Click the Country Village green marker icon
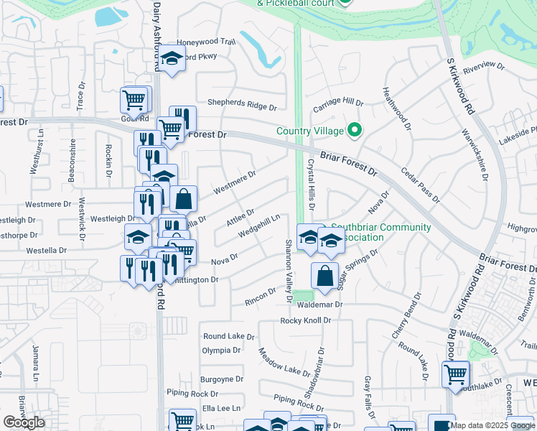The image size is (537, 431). pyautogui.click(x=353, y=131)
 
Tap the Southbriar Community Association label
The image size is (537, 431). pyautogui.click(x=388, y=232)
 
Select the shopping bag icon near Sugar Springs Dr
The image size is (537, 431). pyautogui.click(x=324, y=276)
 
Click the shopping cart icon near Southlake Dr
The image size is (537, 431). pyautogui.click(x=456, y=374)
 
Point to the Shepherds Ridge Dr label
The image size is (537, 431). pyautogui.click(x=242, y=106)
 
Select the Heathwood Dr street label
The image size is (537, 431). pyautogui.click(x=397, y=108)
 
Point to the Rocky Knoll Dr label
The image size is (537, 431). pyautogui.click(x=308, y=320)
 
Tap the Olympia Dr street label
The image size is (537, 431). pyautogui.click(x=221, y=350)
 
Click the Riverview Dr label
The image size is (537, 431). pyautogui.click(x=485, y=69)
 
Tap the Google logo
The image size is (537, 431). pyautogui.click(x=24, y=422)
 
